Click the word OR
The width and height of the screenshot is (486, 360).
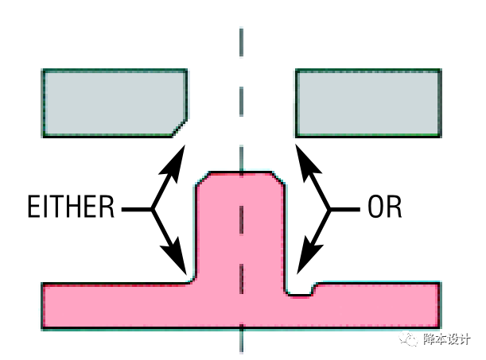(x=386, y=210)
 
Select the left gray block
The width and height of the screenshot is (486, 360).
(x=111, y=103)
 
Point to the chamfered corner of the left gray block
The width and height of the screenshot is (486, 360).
(x=181, y=126)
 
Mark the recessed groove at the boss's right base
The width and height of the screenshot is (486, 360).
(x=300, y=292)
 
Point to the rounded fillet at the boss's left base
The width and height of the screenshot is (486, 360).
(x=191, y=278)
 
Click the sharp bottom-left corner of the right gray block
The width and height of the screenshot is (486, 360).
(x=297, y=134)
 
